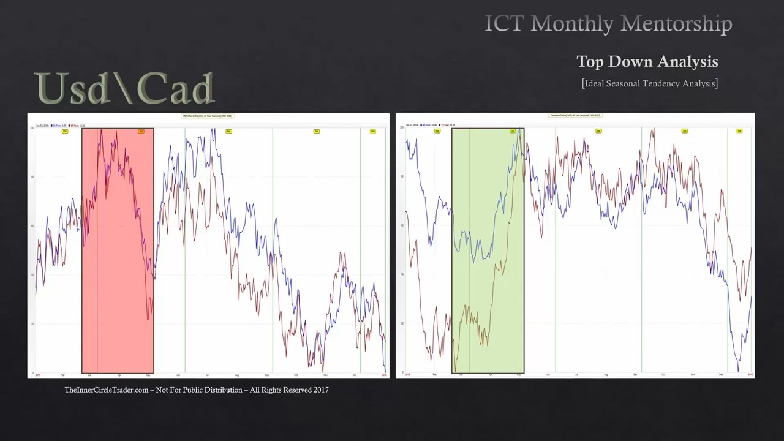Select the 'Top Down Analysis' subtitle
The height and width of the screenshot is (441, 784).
point(647,61)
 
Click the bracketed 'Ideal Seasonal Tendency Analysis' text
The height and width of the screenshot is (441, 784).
point(649,83)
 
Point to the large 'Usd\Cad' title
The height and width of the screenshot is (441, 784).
point(125,88)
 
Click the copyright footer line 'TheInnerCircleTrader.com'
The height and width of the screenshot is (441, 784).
point(197,390)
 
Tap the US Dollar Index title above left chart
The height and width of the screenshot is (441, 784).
point(208,115)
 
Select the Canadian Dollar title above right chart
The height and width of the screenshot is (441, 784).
point(575,115)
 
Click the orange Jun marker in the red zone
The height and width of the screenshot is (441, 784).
point(141,131)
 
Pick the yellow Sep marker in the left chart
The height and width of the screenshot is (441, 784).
point(228,131)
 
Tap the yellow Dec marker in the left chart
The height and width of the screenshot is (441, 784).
point(317,131)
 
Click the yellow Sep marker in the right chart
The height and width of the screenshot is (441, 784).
point(598,130)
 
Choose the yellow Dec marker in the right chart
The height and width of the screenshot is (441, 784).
point(685,130)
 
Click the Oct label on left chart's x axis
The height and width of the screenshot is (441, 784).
point(296,374)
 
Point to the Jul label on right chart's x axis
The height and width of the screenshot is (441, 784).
point(576,374)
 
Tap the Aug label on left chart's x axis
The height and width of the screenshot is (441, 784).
point(236,374)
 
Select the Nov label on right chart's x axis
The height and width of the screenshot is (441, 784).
point(693,374)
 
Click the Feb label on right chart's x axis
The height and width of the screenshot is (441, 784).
point(435,374)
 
